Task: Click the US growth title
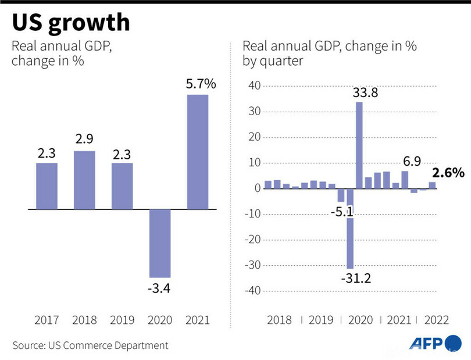pyautogui.click(x=70, y=23)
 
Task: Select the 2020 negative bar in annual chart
pyautogui.click(x=159, y=243)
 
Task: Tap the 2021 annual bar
pyautogui.click(x=197, y=151)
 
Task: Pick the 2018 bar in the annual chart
pyautogui.click(x=84, y=180)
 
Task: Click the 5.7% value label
pyautogui.click(x=201, y=84)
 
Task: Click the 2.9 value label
pyautogui.click(x=84, y=140)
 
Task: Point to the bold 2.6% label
pyautogui.click(x=448, y=173)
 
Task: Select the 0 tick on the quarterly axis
pyautogui.click(x=256, y=188)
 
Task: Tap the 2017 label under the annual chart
pyautogui.click(x=47, y=320)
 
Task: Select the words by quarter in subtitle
pyautogui.click(x=273, y=61)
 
